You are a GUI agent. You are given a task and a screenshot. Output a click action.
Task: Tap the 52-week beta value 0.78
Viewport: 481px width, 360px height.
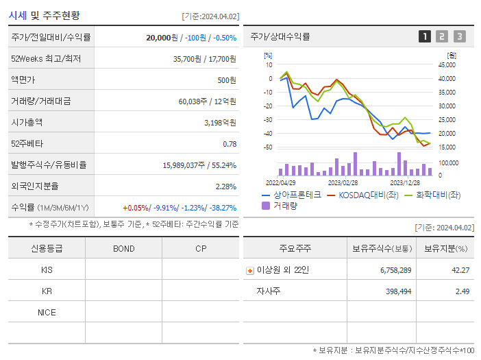[x=230, y=144]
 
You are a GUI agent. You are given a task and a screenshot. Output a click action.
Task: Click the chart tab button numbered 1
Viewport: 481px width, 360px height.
[x=425, y=36]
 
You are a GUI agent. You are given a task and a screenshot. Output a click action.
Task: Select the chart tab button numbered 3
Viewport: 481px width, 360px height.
[x=459, y=36]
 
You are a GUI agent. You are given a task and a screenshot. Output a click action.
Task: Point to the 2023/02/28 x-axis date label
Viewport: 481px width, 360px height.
[x=343, y=183]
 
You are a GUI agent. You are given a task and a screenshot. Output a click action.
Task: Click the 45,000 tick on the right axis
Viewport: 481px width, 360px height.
[x=446, y=65]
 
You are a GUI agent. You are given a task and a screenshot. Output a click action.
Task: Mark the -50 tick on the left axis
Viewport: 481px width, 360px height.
[x=268, y=147]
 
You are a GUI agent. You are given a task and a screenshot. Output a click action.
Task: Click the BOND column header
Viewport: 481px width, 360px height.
[x=123, y=248]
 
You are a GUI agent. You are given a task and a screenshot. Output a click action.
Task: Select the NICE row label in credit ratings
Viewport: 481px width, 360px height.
[x=47, y=312]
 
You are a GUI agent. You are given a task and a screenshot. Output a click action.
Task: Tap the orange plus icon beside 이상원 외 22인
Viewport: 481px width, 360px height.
[x=249, y=270]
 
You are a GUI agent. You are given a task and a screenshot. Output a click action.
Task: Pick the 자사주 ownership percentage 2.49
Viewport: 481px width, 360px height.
[x=461, y=291]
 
